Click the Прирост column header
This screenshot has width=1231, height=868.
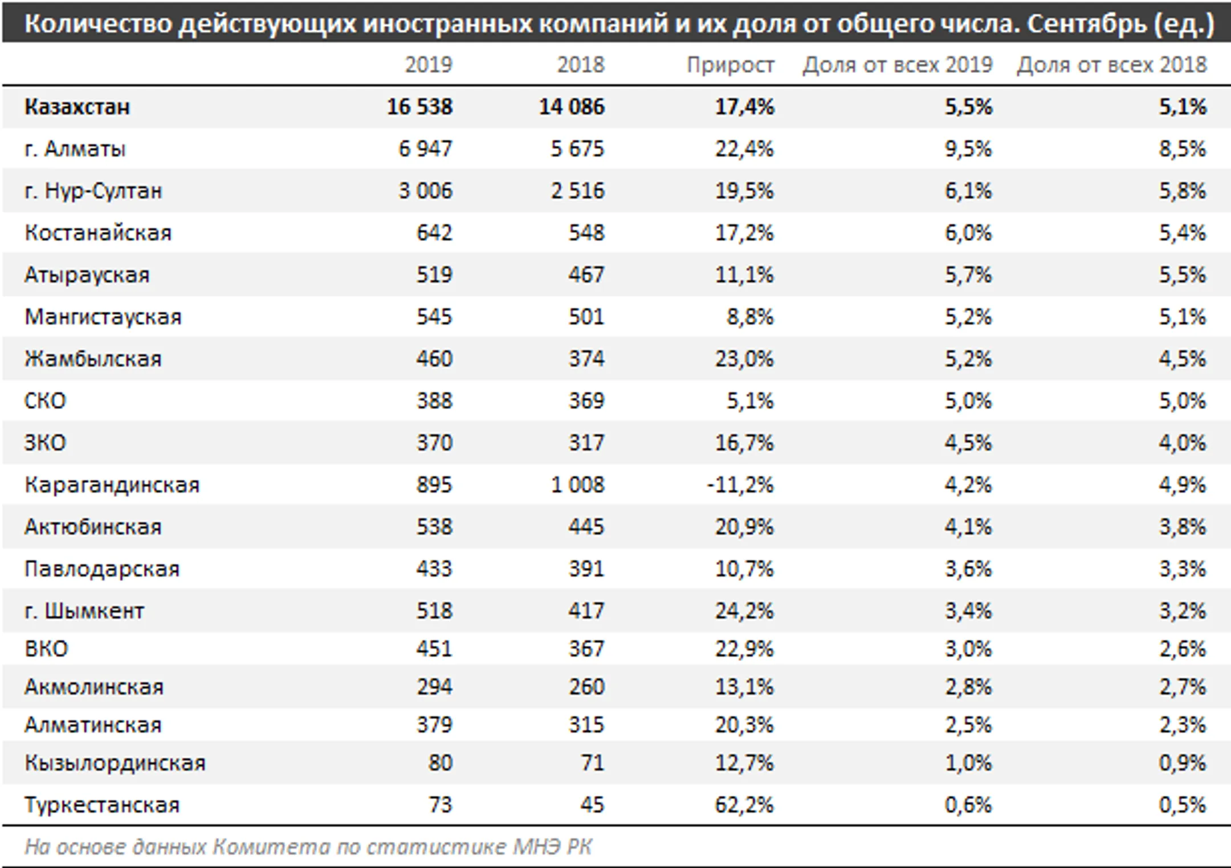pos(730,65)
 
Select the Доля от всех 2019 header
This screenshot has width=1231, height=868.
pos(897,65)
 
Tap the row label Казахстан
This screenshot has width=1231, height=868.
pos(77,107)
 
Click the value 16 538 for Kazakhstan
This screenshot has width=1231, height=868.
pos(419,107)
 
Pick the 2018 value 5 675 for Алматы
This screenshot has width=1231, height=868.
pos(577,149)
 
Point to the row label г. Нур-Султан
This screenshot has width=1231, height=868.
pos(93,191)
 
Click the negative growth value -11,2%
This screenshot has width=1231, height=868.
pos(740,485)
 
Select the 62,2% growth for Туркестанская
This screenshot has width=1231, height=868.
pos(744,805)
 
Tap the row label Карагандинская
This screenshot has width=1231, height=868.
pos(112,485)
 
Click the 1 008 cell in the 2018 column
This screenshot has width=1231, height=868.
pos(577,485)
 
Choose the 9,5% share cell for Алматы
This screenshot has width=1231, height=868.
pos(968,149)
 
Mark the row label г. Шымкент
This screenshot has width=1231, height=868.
pos(84,611)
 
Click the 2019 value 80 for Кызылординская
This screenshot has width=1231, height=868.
pos(440,763)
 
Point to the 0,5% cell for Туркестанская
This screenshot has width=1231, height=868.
pos(1182,805)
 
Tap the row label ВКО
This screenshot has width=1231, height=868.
pos(46,649)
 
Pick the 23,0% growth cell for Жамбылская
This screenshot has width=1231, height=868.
pos(744,359)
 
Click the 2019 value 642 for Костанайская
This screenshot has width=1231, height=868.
pos(434,233)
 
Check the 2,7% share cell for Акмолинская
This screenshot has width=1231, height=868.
pos(1182,687)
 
